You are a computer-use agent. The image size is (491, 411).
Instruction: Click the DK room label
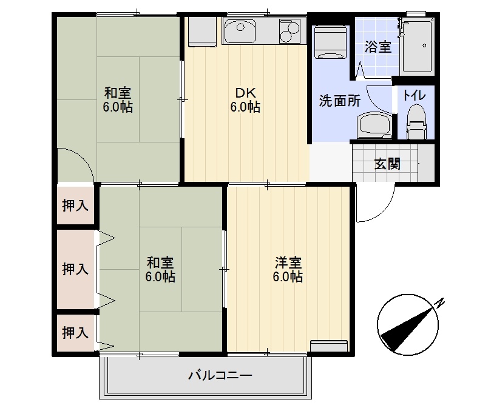click(x=245, y=93)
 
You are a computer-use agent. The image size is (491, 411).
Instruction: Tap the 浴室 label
click(x=378, y=47)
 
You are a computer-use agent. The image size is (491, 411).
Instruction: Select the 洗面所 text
click(x=340, y=101)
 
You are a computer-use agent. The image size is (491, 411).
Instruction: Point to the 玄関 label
click(x=387, y=164)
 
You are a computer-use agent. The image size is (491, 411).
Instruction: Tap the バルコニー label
click(x=220, y=375)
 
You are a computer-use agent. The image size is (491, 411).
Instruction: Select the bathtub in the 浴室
click(x=417, y=45)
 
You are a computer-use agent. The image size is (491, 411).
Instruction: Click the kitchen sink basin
click(x=242, y=30)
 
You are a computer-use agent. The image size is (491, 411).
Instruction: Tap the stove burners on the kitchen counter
click(x=289, y=30)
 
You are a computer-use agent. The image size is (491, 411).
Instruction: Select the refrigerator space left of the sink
click(x=200, y=32)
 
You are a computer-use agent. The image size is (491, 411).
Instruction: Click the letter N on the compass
click(x=442, y=301)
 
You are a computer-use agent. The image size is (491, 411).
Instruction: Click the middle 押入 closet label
click(x=75, y=269)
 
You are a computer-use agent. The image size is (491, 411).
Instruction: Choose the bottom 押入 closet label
click(x=75, y=332)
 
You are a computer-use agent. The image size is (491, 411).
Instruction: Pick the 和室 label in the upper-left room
click(x=118, y=93)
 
